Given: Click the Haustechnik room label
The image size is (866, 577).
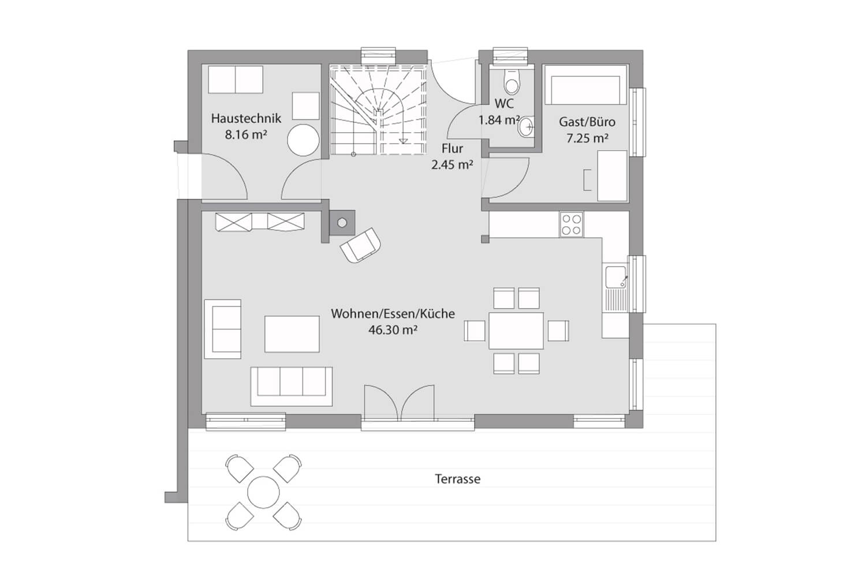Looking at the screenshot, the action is [x=246, y=118].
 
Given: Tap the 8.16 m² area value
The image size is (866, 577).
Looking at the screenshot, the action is [x=247, y=135].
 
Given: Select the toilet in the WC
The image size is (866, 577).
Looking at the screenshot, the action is [x=512, y=81].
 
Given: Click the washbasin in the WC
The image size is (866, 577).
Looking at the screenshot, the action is [x=526, y=127].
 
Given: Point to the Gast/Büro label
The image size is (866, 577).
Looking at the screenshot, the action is [x=587, y=122].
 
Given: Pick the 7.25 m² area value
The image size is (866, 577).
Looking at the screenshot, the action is [x=587, y=138].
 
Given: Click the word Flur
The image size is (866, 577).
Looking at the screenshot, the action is [x=452, y=148].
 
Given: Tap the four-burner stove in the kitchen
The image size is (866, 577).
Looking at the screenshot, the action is [x=572, y=224].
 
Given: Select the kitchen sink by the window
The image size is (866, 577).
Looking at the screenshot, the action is [x=615, y=288].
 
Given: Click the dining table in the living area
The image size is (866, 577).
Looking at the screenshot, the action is [x=516, y=331].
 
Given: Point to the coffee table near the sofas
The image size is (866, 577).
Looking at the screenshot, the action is [x=292, y=334].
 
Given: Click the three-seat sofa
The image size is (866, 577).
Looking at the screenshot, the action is [x=292, y=387].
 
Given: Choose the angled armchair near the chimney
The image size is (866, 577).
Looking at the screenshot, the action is [x=360, y=245].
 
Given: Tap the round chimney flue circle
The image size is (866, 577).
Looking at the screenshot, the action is [x=342, y=223].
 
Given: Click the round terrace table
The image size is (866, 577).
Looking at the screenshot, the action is [x=263, y=492].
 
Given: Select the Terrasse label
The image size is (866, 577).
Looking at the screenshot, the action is [x=458, y=479].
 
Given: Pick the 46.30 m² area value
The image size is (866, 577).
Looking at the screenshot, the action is [x=393, y=330].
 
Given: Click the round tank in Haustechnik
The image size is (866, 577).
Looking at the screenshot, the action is [x=304, y=140].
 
